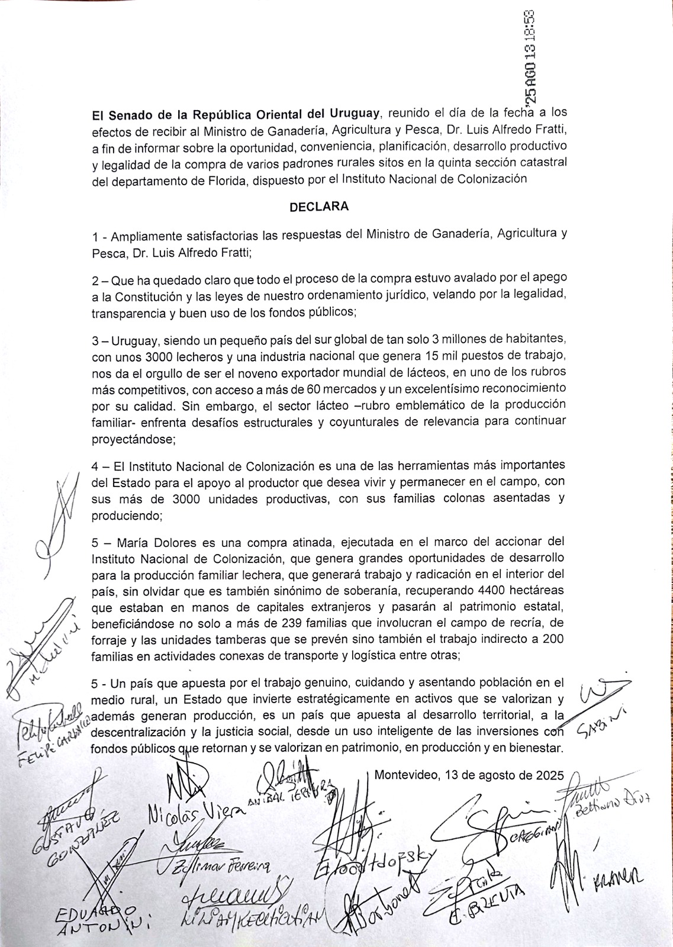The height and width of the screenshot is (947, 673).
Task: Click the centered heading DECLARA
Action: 318,207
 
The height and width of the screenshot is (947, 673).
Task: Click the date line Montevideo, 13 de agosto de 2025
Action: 470,775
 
